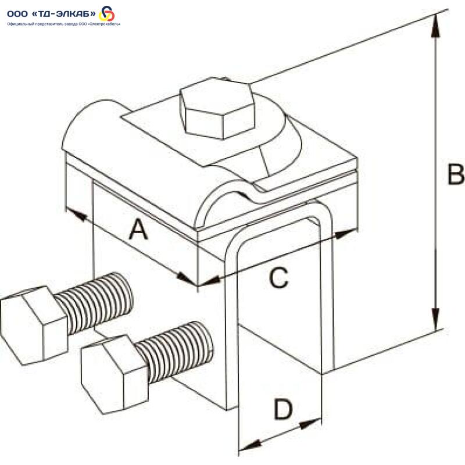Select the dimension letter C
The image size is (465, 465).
tap(278, 278)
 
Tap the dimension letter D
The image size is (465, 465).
tap(283, 409)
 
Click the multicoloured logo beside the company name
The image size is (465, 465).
tap(108, 13)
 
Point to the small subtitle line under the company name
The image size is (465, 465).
tap(64, 24)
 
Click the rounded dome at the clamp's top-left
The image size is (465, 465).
tap(93, 125)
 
